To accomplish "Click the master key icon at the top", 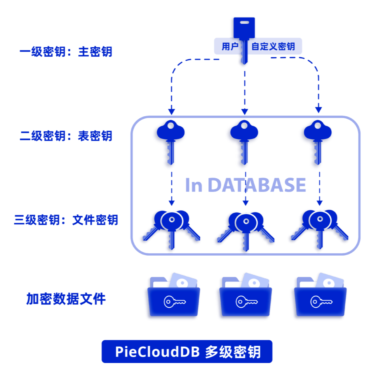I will tap(243, 30).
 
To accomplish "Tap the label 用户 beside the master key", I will tap(230, 46).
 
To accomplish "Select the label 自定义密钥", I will tap(273, 46).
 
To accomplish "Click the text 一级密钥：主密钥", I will tap(66, 52).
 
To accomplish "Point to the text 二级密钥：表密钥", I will tap(66, 136).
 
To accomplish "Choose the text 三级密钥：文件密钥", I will tap(66, 220).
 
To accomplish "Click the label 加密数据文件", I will tap(66, 299).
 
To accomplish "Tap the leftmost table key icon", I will tap(169, 141).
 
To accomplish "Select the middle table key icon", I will tap(243, 141).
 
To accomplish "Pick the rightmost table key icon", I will tap(316, 141).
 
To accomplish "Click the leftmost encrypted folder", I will tap(172, 297).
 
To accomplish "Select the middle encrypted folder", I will tap(245, 297).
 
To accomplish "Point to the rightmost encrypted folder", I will tap(319, 297).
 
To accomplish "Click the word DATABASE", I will tap(257, 185).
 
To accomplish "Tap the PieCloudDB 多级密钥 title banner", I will tap(187, 352).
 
